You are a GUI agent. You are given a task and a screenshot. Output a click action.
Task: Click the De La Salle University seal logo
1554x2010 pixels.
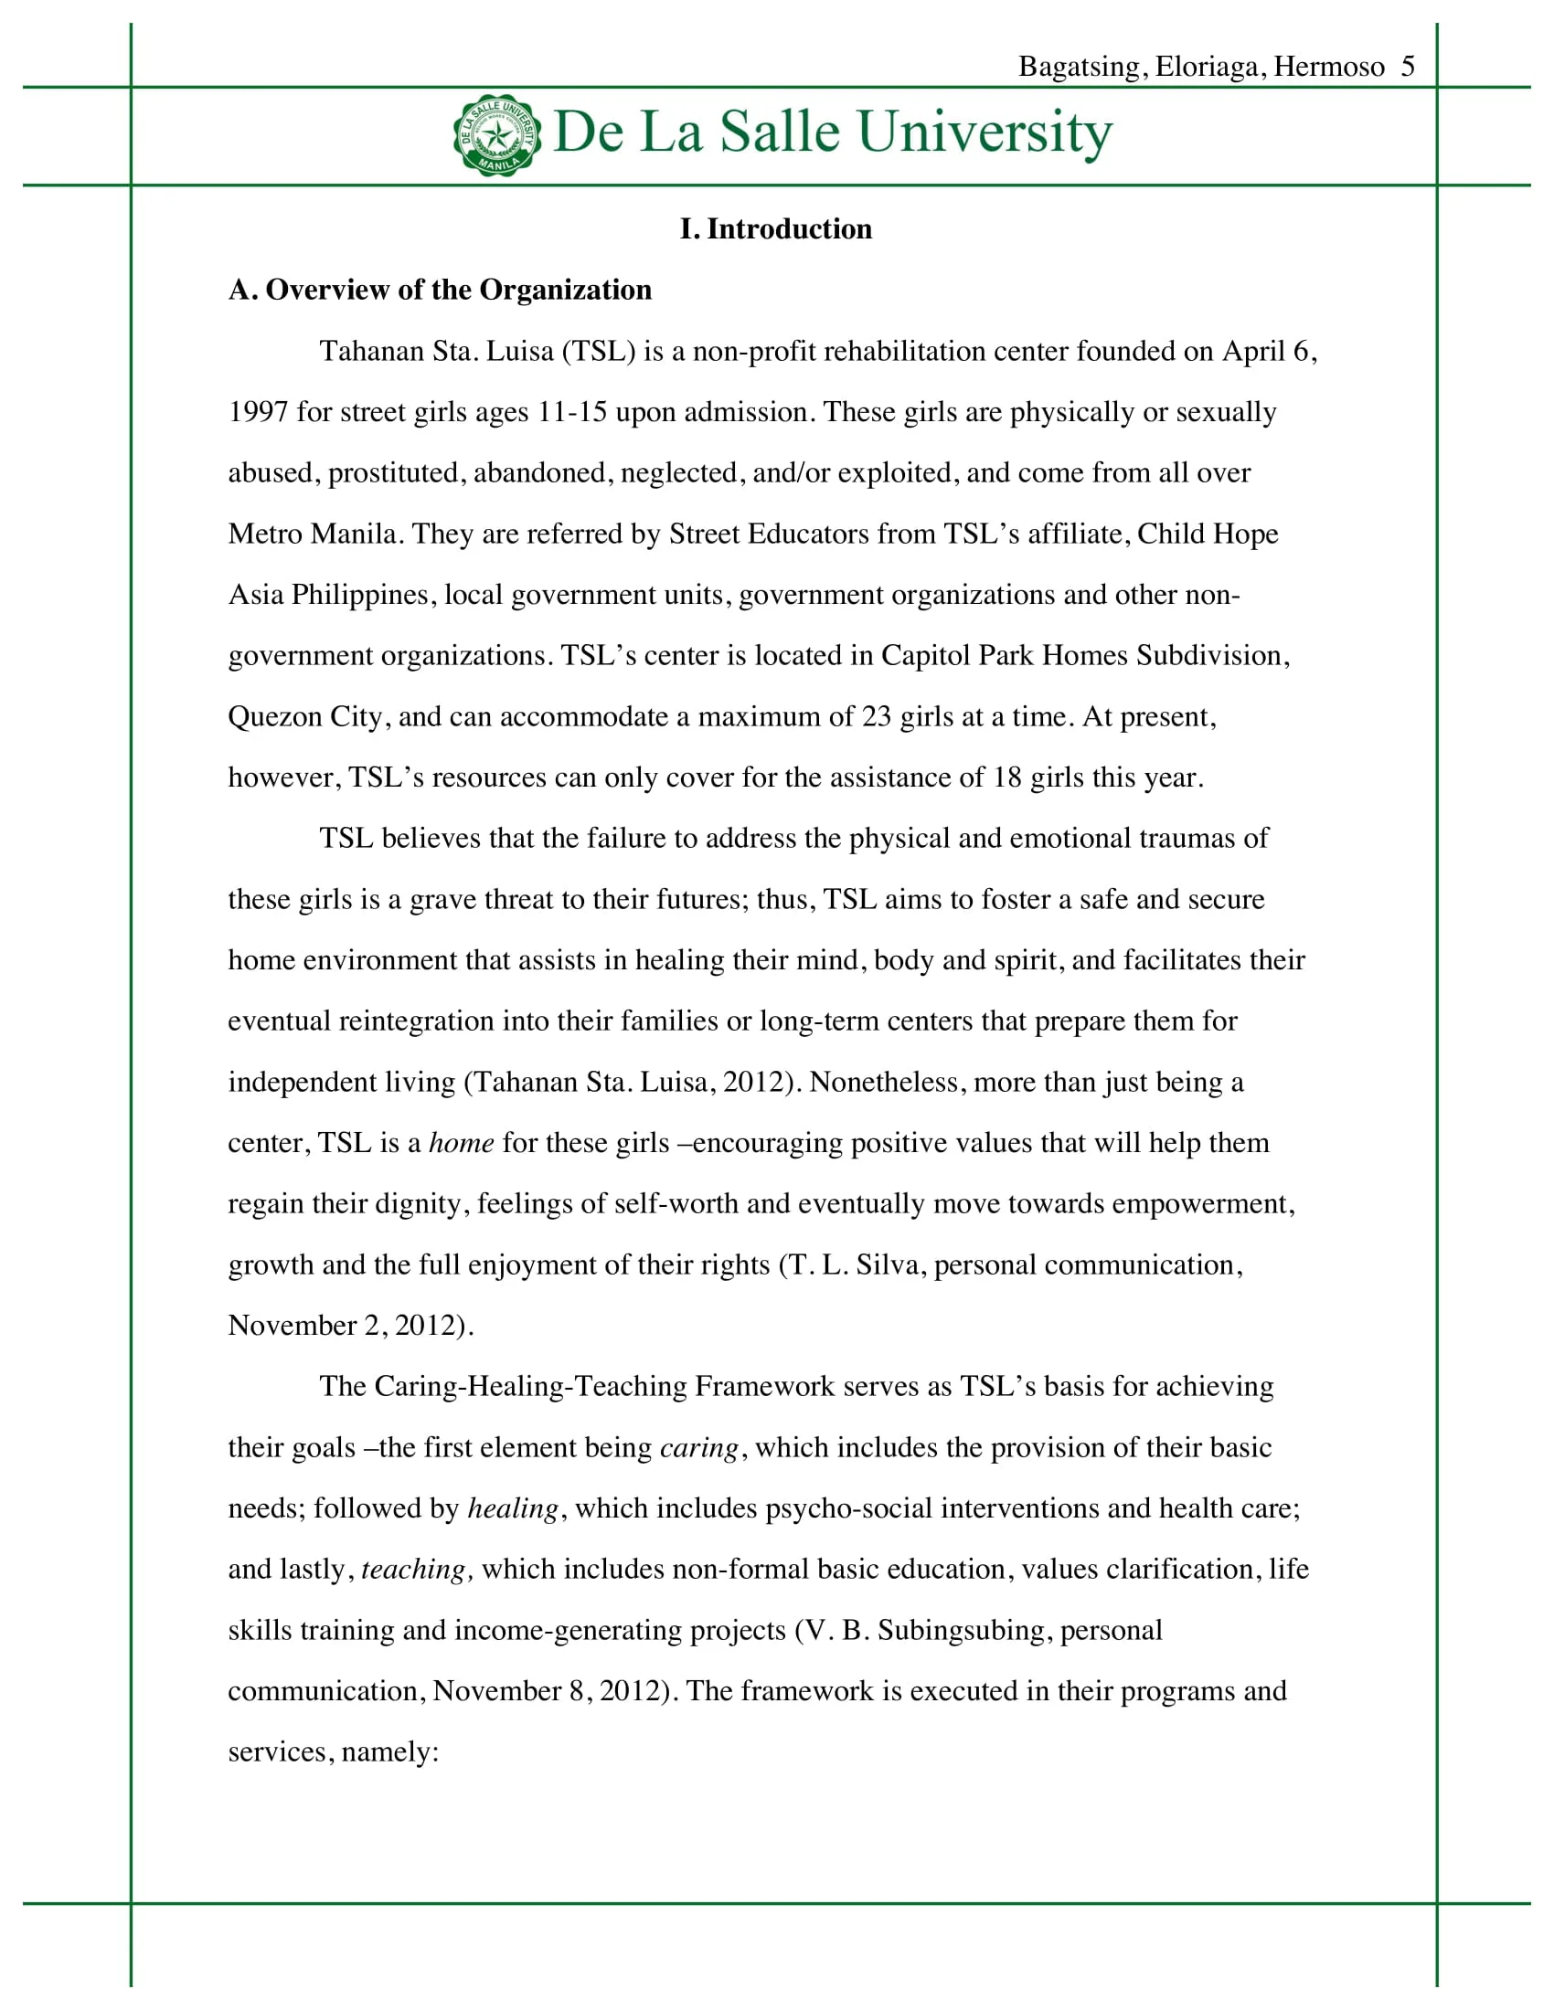pyautogui.click(x=497, y=134)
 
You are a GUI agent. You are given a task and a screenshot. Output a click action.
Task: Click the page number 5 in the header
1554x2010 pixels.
pyautogui.click(x=1408, y=67)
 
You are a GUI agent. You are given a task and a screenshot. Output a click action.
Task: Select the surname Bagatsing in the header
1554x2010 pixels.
pyautogui.click(x=1079, y=67)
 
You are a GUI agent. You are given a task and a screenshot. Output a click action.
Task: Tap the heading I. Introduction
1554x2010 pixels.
pyautogui.click(x=775, y=228)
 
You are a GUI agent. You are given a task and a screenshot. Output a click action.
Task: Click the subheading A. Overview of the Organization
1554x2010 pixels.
pyautogui.click(x=439, y=290)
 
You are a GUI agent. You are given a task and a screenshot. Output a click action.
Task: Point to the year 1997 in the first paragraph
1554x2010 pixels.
pyautogui.click(x=258, y=411)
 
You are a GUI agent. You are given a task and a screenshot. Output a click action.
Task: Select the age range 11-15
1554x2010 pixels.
pyautogui.click(x=571, y=411)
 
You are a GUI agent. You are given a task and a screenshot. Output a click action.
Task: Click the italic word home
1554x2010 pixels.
pyautogui.click(x=462, y=1142)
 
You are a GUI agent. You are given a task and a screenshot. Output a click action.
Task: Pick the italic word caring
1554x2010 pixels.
pyautogui.click(x=698, y=1447)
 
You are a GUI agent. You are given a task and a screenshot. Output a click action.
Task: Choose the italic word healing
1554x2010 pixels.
pyautogui.click(x=513, y=1507)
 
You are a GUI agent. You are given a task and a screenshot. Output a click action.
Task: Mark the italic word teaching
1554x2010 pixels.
pyautogui.click(x=415, y=1568)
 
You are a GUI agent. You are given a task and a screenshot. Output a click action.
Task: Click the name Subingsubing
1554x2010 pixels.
pyautogui.click(x=961, y=1629)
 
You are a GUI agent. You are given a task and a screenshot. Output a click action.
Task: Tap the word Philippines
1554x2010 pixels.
pyautogui.click(x=360, y=595)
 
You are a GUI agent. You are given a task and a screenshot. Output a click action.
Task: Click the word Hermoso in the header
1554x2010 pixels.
pyautogui.click(x=1328, y=67)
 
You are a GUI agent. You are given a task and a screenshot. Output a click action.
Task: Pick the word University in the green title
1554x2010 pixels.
pyautogui.click(x=985, y=132)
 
